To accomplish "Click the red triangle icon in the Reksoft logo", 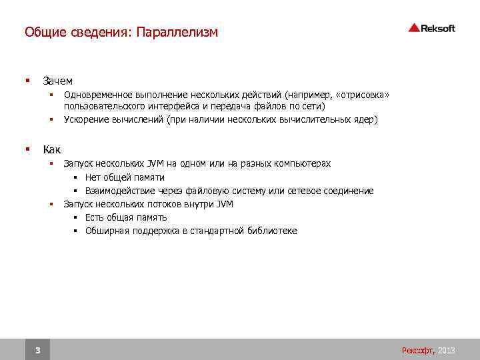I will [414, 27].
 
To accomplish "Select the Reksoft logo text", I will [439, 28].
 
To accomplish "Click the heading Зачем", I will [57, 81].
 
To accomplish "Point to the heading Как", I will [51, 149].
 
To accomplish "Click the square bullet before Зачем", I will [27, 81].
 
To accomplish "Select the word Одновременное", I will [98, 95].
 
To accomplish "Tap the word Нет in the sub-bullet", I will [93, 177].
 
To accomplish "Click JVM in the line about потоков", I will [225, 204].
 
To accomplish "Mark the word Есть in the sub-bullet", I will [95, 217].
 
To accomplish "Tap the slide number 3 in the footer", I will [37, 350].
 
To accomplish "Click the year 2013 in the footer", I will [447, 350].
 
